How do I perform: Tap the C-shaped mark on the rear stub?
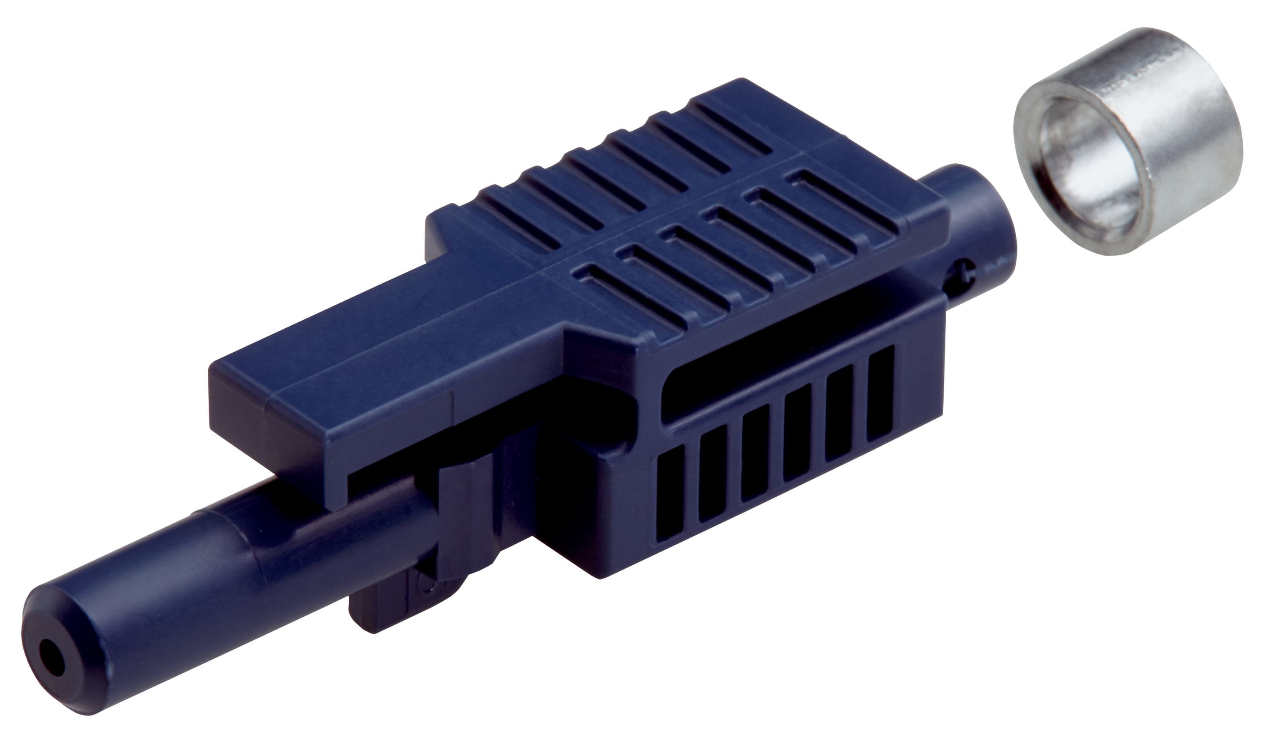pyautogui.click(x=967, y=273)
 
